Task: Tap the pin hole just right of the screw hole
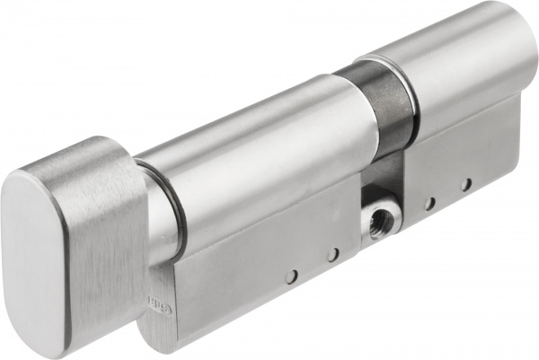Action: point(430,203)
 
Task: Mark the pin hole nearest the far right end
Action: point(466,185)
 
